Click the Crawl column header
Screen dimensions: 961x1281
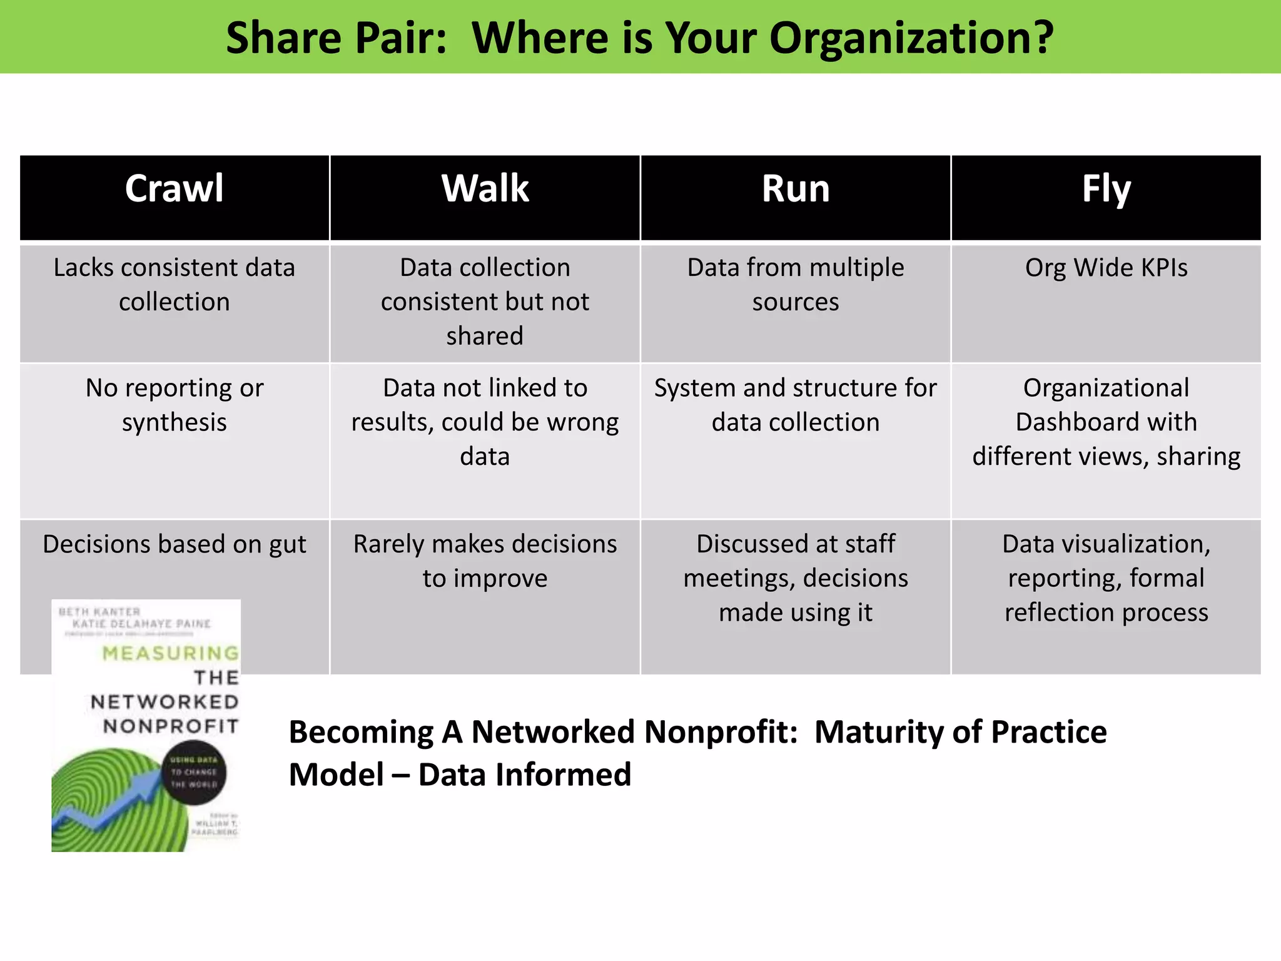coord(174,189)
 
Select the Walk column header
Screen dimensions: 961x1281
coord(485,189)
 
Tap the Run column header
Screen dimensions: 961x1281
coord(795,189)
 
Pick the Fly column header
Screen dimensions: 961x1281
coord(1106,189)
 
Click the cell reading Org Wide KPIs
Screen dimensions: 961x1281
coord(1106,268)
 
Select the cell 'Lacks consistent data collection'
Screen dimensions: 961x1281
coord(174,285)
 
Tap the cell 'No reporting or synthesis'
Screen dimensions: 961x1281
coord(174,405)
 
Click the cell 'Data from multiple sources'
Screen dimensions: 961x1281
coord(795,285)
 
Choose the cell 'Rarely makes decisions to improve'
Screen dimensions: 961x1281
coord(485,561)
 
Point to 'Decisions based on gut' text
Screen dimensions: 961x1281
coord(174,544)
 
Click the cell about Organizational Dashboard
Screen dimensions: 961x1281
coord(1106,422)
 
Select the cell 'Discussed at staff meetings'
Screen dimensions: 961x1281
coord(795,578)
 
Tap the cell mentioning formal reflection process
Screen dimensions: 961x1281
coord(1106,578)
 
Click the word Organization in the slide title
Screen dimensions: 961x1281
coord(910,39)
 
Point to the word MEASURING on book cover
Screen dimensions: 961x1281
coord(171,653)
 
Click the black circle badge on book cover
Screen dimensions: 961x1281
coord(194,772)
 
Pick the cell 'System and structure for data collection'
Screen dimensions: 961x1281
coord(795,405)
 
